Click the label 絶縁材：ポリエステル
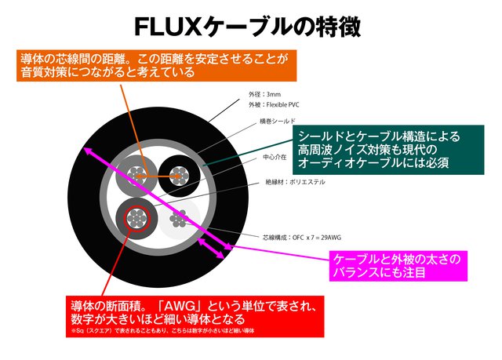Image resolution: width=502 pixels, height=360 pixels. [295, 182]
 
